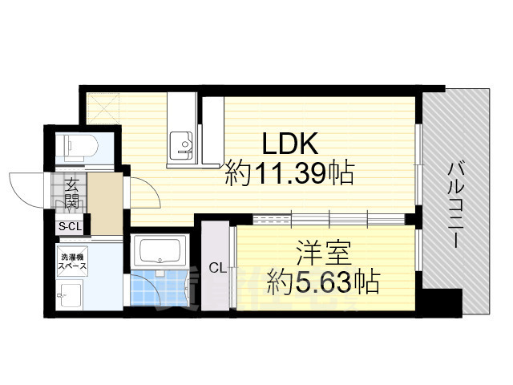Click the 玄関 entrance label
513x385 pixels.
[x=71, y=192]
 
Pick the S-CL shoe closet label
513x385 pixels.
[x=70, y=227]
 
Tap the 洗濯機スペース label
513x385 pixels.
[x=71, y=263]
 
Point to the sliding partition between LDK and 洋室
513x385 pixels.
[x=329, y=217]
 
